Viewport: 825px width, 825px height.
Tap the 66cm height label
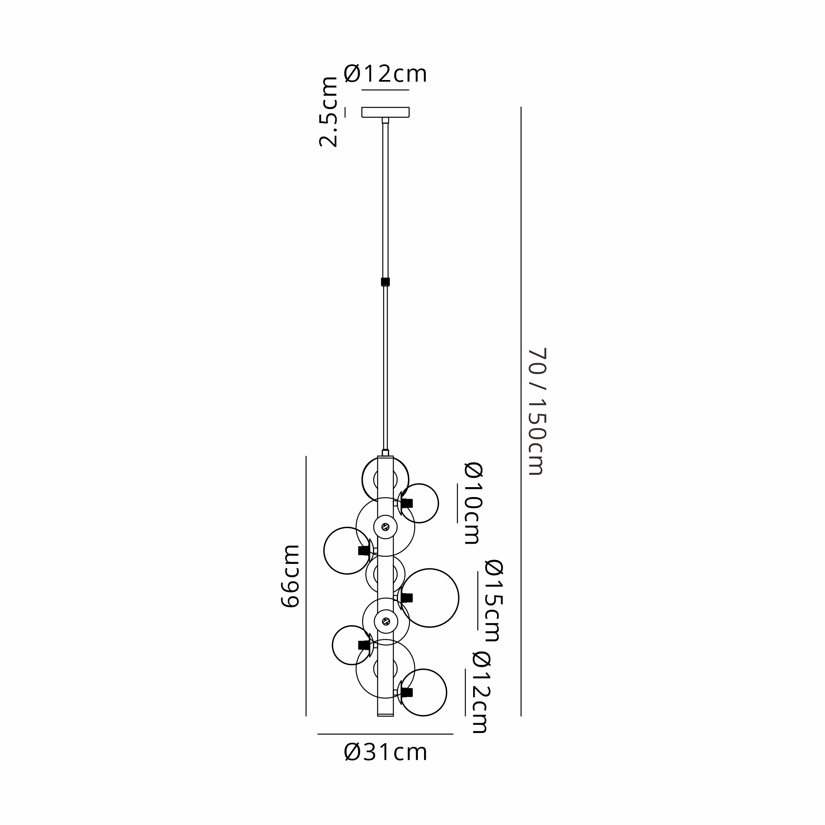pyautogui.click(x=290, y=575)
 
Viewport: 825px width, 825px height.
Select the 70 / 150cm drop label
pyautogui.click(x=537, y=412)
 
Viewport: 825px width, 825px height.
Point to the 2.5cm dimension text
pyautogui.click(x=328, y=112)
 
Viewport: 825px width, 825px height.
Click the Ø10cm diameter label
pyautogui.click(x=474, y=503)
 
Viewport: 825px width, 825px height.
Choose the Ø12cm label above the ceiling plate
pyautogui.click(x=385, y=74)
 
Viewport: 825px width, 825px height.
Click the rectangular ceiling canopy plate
pyautogui.click(x=385, y=112)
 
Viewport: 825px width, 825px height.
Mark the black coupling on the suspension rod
pyautogui.click(x=385, y=282)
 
